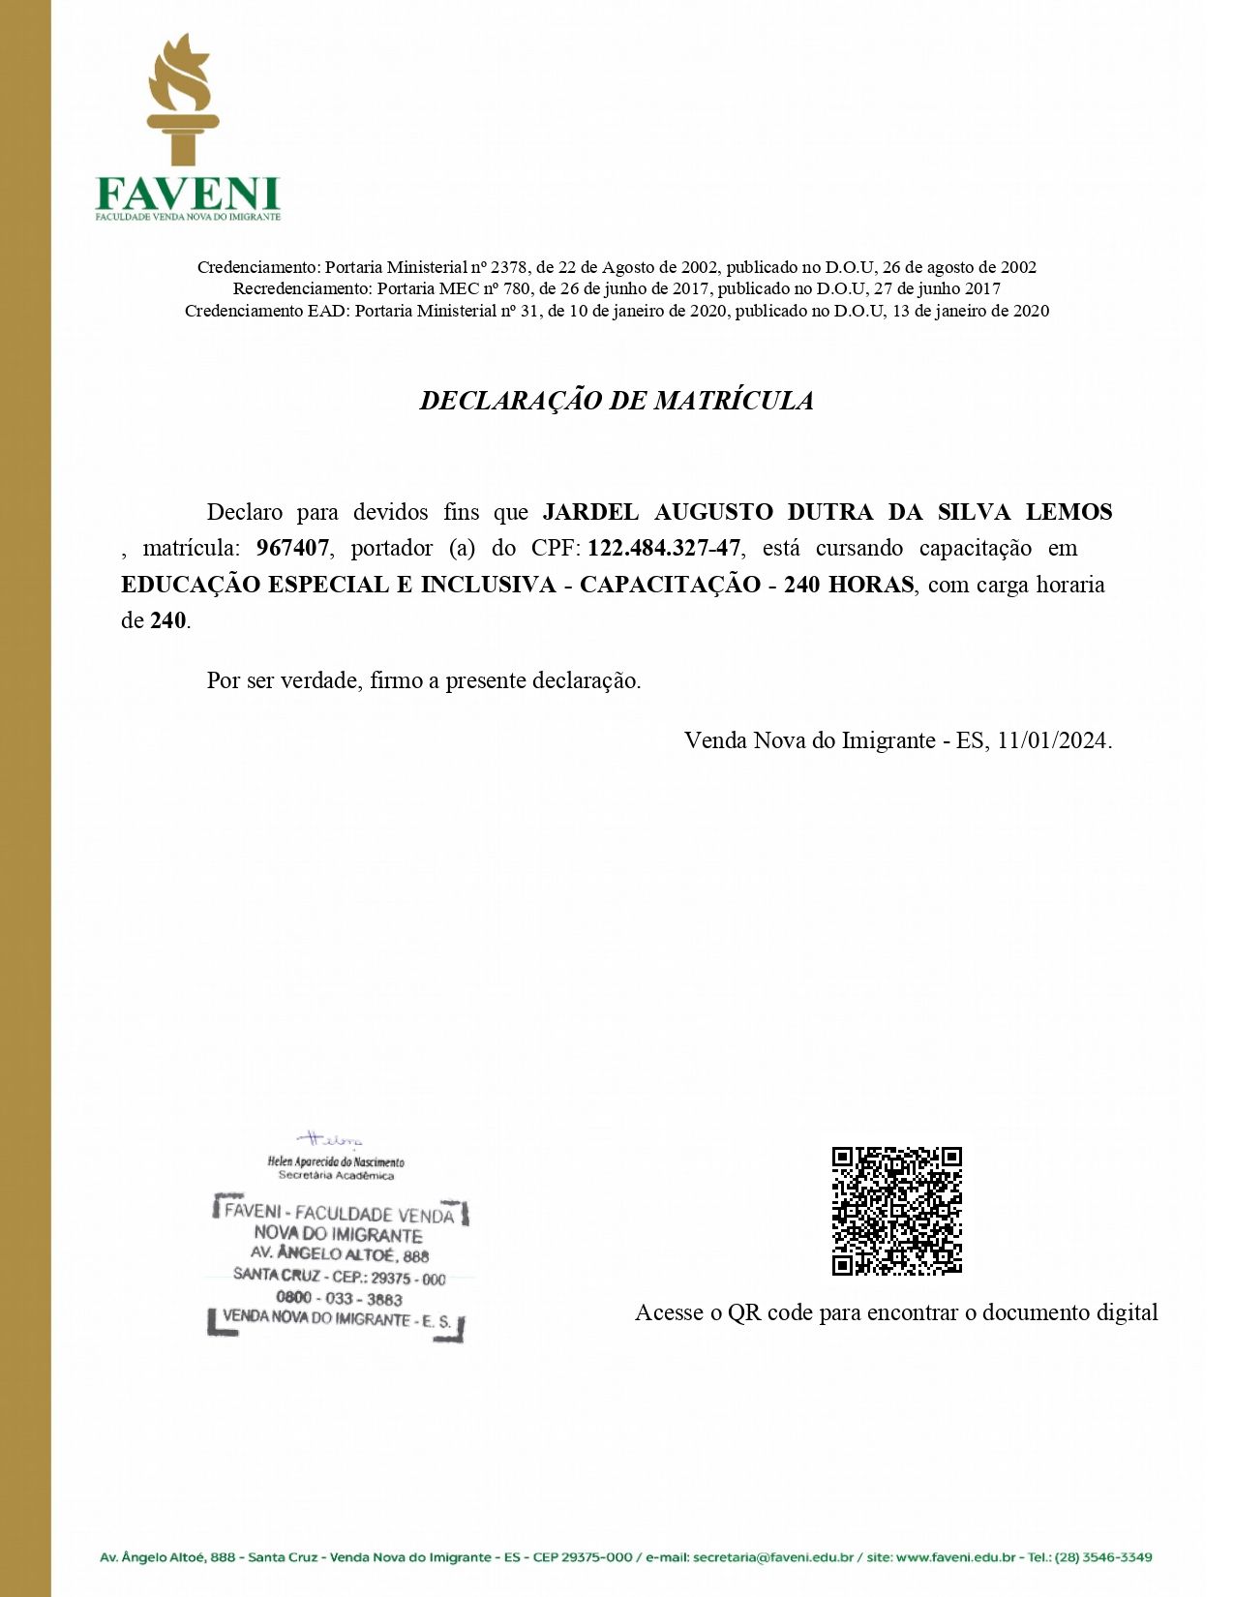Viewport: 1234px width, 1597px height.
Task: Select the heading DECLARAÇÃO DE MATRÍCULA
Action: (617, 401)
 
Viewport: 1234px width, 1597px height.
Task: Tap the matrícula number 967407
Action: (292, 549)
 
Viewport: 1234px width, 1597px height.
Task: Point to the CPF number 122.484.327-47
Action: (664, 549)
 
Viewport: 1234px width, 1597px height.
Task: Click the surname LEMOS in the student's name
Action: (1068, 512)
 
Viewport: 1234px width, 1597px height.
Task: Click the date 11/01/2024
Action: (1052, 740)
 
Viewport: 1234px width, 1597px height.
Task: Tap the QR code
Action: (897, 1211)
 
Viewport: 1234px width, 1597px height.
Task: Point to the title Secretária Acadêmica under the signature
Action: (336, 1176)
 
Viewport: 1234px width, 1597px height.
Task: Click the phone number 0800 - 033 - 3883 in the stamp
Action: (339, 1299)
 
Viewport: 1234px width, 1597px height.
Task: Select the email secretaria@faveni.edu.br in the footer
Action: (773, 1557)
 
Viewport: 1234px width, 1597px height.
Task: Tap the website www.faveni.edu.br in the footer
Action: (955, 1557)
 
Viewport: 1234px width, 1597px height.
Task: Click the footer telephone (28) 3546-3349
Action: (1102, 1557)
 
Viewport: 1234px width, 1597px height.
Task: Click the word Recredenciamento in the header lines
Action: (302, 288)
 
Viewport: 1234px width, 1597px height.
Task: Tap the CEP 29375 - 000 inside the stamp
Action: (408, 1279)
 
